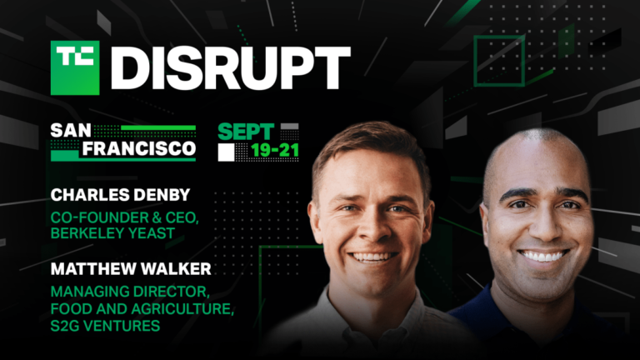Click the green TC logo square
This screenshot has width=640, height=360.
pyautogui.click(x=75, y=68)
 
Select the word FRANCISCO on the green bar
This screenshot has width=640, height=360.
pyautogui.click(x=122, y=150)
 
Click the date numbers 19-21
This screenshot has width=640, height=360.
pyautogui.click(x=268, y=152)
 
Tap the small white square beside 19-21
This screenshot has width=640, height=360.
pyautogui.click(x=226, y=152)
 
